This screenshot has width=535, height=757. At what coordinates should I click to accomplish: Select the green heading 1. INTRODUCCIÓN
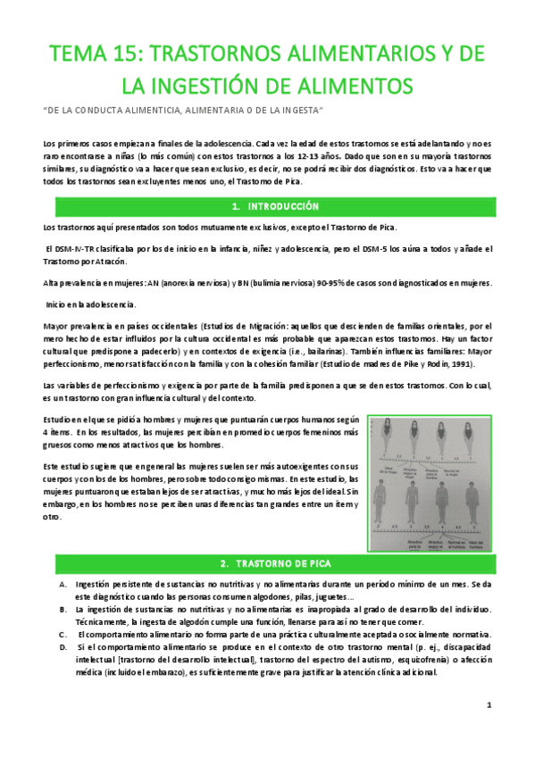tap(267, 206)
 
